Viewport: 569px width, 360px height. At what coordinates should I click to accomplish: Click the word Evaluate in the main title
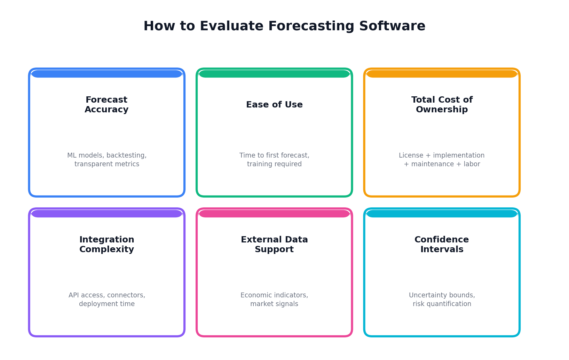(x=231, y=26)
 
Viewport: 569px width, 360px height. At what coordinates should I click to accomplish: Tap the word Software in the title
(x=392, y=26)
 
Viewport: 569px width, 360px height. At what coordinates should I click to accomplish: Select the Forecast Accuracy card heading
(x=106, y=105)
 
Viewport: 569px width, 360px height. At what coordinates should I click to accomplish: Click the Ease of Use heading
(x=274, y=105)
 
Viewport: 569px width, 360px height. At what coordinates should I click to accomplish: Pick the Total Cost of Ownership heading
(x=442, y=105)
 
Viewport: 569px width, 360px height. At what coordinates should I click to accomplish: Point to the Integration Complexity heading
(x=107, y=245)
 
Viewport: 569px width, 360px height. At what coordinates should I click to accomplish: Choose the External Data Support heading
(x=274, y=245)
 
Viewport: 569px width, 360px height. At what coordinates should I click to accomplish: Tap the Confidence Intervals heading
(x=442, y=245)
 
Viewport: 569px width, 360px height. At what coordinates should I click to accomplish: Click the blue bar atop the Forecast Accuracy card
(x=107, y=74)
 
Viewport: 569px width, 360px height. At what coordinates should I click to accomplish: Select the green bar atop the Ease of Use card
(x=274, y=74)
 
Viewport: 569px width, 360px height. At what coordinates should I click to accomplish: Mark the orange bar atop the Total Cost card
(x=442, y=74)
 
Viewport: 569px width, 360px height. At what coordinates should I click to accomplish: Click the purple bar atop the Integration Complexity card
(x=107, y=214)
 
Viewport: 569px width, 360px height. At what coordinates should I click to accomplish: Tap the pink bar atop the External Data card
(x=274, y=214)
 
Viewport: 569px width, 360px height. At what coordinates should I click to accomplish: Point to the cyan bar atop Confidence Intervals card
(x=442, y=214)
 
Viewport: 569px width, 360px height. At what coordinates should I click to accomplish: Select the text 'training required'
(x=274, y=164)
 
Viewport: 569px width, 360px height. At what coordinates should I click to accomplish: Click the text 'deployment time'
(x=107, y=304)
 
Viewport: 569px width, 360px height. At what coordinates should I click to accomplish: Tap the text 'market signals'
(x=274, y=304)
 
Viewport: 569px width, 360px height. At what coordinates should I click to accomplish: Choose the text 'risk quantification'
(x=442, y=304)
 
